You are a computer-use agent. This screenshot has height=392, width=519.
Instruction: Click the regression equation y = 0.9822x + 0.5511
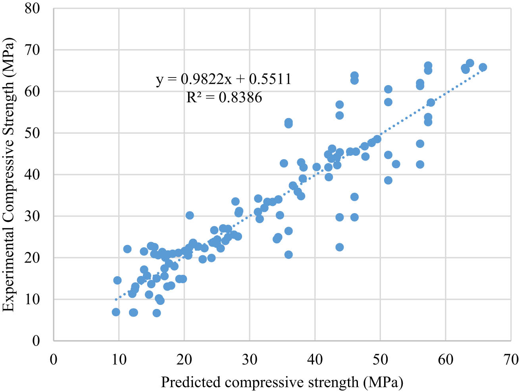click(x=224, y=79)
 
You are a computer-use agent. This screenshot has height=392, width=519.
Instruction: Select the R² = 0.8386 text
click(x=224, y=97)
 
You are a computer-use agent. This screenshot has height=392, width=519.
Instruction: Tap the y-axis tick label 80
click(x=32, y=8)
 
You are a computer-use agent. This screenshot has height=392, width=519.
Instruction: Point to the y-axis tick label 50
click(x=32, y=133)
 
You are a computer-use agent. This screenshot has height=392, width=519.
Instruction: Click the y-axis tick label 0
click(x=36, y=341)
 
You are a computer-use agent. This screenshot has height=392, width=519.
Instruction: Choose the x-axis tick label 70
click(x=511, y=360)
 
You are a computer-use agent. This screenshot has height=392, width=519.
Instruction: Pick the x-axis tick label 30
click(x=250, y=360)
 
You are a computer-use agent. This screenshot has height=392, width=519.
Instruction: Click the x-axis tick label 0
click(x=54, y=360)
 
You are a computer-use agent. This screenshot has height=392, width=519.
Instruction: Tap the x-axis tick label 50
click(x=380, y=360)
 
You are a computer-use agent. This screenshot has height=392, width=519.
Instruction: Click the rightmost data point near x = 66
click(x=483, y=67)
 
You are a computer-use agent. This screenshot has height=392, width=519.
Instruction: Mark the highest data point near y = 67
click(x=470, y=63)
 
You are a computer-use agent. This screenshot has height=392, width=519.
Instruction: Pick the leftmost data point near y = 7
click(x=116, y=312)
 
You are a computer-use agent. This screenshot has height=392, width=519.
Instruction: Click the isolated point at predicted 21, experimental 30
click(x=190, y=215)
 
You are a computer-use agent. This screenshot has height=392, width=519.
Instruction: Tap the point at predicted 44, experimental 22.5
click(x=340, y=247)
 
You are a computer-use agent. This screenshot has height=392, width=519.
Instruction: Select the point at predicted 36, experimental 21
click(x=288, y=254)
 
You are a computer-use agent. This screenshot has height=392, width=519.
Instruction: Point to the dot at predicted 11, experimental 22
click(x=127, y=249)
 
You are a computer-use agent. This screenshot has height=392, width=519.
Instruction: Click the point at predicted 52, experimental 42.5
click(x=396, y=164)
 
